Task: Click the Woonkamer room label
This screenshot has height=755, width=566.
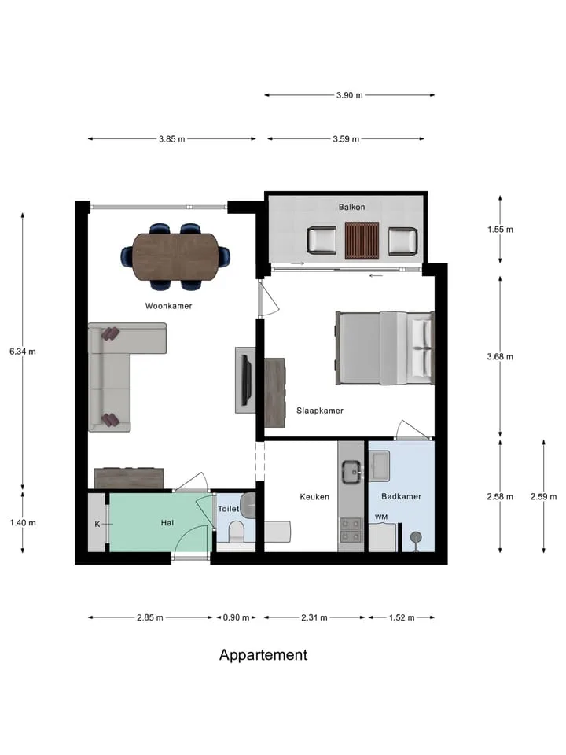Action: click(168, 306)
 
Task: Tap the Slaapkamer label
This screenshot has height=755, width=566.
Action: click(320, 411)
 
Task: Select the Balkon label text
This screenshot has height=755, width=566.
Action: click(352, 207)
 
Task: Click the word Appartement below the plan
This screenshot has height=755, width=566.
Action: click(263, 655)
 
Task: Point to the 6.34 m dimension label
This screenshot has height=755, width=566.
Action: click(23, 352)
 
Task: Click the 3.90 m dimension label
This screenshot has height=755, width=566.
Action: click(349, 95)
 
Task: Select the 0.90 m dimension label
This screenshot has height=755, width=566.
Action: click(236, 617)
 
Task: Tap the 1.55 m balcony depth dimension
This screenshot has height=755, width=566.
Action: click(500, 230)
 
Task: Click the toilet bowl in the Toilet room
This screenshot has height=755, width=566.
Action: click(237, 531)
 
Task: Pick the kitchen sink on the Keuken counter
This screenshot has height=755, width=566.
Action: click(352, 471)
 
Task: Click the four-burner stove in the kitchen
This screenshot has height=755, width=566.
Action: click(351, 529)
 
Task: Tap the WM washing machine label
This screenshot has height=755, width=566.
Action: click(381, 517)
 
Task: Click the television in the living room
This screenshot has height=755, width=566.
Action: click(246, 381)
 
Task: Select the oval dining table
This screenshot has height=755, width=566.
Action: click(175, 256)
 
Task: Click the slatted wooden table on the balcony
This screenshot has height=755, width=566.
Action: click(362, 241)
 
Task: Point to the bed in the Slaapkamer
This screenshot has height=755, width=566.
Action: click(384, 348)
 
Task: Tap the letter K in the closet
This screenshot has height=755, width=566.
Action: click(97, 524)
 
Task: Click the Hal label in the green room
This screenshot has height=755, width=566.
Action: click(167, 523)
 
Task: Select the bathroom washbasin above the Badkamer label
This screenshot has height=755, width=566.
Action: click(380, 466)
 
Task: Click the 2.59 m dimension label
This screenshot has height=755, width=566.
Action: click(543, 497)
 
